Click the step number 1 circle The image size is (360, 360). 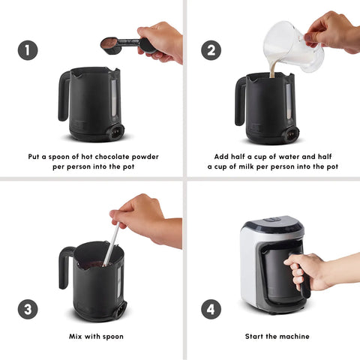pyautogui.click(x=28, y=50)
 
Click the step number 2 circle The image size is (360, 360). pyautogui.click(x=211, y=50)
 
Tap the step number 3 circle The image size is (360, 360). pyautogui.click(x=28, y=309)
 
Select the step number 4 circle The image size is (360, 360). pyautogui.click(x=211, y=309)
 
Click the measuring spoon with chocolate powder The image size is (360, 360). pyautogui.click(x=125, y=45)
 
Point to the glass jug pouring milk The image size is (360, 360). pyautogui.click(x=292, y=46)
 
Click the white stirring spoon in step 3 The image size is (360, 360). pyautogui.click(x=111, y=244)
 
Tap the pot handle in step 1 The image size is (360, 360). pyautogui.click(x=64, y=96)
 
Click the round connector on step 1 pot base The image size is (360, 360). pyautogui.click(x=116, y=131)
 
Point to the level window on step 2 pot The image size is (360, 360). pyautogui.click(x=288, y=101)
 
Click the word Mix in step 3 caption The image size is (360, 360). pyautogui.click(x=76, y=336)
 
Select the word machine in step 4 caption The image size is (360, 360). pyautogui.click(x=296, y=336)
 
